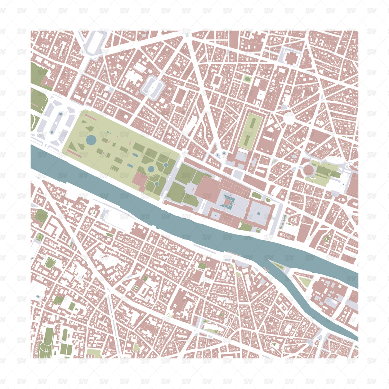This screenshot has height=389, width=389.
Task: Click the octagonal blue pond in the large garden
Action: click(x=91, y=139)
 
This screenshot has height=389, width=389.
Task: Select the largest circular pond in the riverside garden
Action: click(x=151, y=169)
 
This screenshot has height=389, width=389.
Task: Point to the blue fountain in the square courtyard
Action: click(x=259, y=213)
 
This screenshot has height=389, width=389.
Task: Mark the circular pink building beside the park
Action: click(x=308, y=170)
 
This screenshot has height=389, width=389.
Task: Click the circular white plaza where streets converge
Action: click(x=289, y=118)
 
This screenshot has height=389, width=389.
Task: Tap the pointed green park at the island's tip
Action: click(x=278, y=266)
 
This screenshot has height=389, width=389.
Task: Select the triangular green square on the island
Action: click(x=305, y=282)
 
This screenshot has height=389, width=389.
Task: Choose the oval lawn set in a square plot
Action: click(x=50, y=263)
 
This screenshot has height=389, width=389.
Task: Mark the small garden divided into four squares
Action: click(x=136, y=287)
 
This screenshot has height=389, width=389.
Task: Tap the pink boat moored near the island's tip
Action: click(x=266, y=269)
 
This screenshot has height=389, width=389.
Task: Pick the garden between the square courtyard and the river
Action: click(x=246, y=227)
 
